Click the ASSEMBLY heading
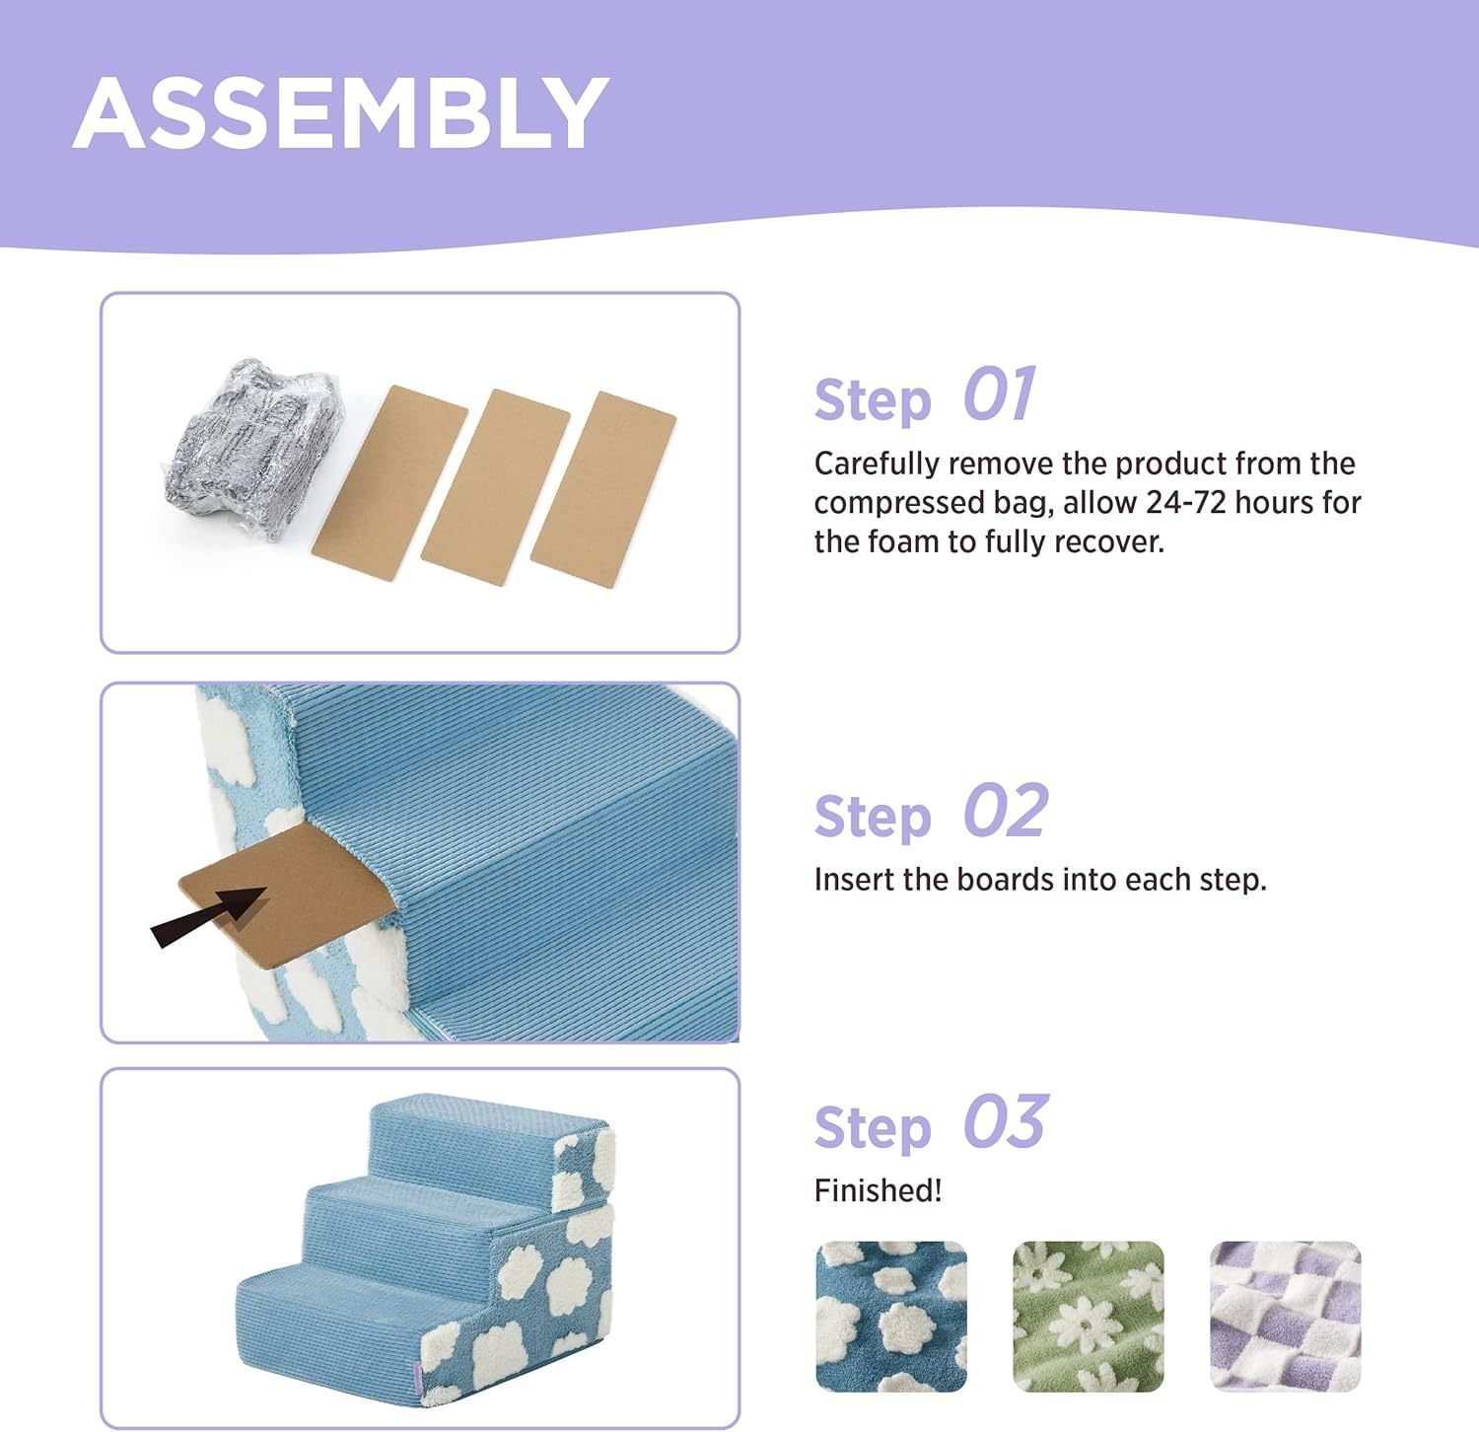point(340,113)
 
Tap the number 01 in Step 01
point(998,395)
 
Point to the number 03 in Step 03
point(1004,1122)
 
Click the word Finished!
point(878,1190)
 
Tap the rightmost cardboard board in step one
point(603,489)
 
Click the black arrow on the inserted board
point(209,915)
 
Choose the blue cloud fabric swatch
point(891,1317)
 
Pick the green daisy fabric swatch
point(1089,1317)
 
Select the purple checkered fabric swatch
point(1286,1317)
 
